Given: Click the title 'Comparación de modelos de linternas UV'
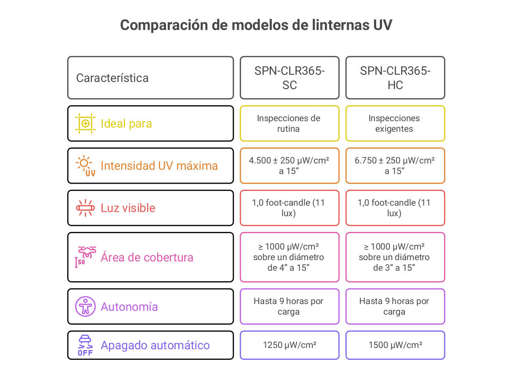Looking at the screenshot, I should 256,25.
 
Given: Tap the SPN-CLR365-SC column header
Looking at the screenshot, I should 289,78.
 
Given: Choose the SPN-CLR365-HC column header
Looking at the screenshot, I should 395,78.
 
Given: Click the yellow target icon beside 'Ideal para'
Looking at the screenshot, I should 85,123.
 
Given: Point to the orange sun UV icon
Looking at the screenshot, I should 85,166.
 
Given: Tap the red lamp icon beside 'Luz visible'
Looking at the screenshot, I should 85,208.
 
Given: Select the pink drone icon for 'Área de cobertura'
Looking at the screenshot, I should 86,257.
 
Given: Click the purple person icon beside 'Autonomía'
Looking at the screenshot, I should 85,307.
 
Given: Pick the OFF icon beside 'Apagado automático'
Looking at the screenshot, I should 85,345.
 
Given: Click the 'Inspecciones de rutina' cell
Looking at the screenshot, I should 289,123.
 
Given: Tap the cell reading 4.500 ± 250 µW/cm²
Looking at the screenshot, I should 289,166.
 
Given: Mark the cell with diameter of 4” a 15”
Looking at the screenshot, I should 289,257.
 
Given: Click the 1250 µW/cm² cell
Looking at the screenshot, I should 289,345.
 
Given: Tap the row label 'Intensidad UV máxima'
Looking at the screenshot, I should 159,166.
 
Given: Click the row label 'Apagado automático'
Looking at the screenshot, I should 155,345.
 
